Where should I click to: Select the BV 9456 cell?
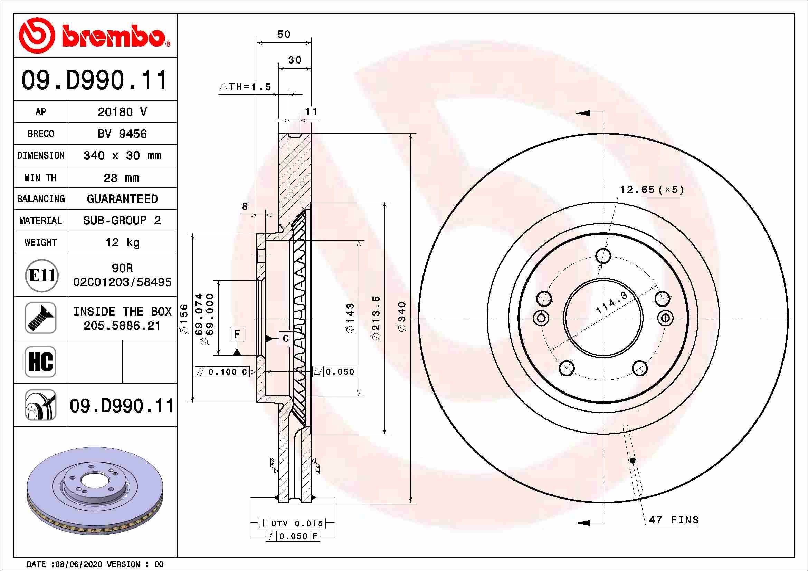[122, 134]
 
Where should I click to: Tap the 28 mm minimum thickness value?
[121, 178]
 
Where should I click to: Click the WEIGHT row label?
[40, 242]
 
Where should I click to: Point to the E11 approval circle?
[41, 275]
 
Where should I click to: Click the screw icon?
[41, 318]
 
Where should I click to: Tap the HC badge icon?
[40, 361]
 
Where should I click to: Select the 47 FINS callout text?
[674, 520]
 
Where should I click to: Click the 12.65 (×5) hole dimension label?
[652, 190]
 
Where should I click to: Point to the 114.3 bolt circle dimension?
[612, 303]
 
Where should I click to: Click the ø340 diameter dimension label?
[402, 316]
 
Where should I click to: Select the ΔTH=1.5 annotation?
[245, 87]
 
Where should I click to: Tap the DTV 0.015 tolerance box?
[292, 523]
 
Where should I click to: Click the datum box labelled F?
[237, 334]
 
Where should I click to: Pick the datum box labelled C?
[285, 338]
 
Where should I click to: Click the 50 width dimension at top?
[284, 34]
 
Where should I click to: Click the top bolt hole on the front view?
[603, 255]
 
